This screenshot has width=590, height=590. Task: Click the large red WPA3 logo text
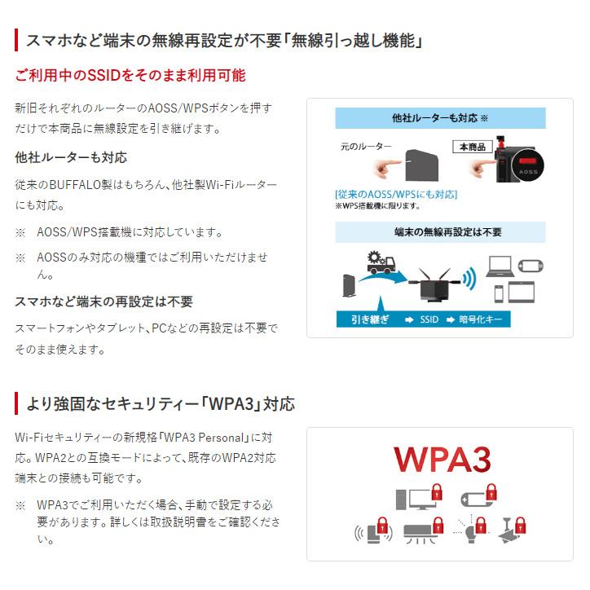pyautogui.click(x=442, y=459)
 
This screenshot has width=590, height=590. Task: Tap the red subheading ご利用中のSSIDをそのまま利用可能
pyautogui.click(x=130, y=76)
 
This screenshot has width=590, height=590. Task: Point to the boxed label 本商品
pyautogui.click(x=473, y=147)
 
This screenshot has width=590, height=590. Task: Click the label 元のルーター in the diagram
pyautogui.click(x=365, y=147)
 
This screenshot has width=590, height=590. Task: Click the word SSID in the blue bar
pyautogui.click(x=429, y=319)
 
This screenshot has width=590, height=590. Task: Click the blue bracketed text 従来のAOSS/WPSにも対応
pyautogui.click(x=396, y=195)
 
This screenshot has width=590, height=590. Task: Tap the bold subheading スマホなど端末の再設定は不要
pyautogui.click(x=104, y=302)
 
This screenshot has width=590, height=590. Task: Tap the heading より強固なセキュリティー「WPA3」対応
pyautogui.click(x=161, y=403)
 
